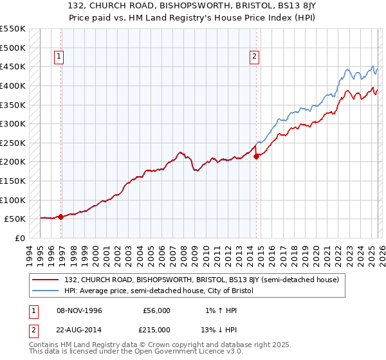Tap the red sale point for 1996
coord(61,217)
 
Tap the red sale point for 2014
coord(256,156)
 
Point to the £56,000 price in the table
coord(156,310)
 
